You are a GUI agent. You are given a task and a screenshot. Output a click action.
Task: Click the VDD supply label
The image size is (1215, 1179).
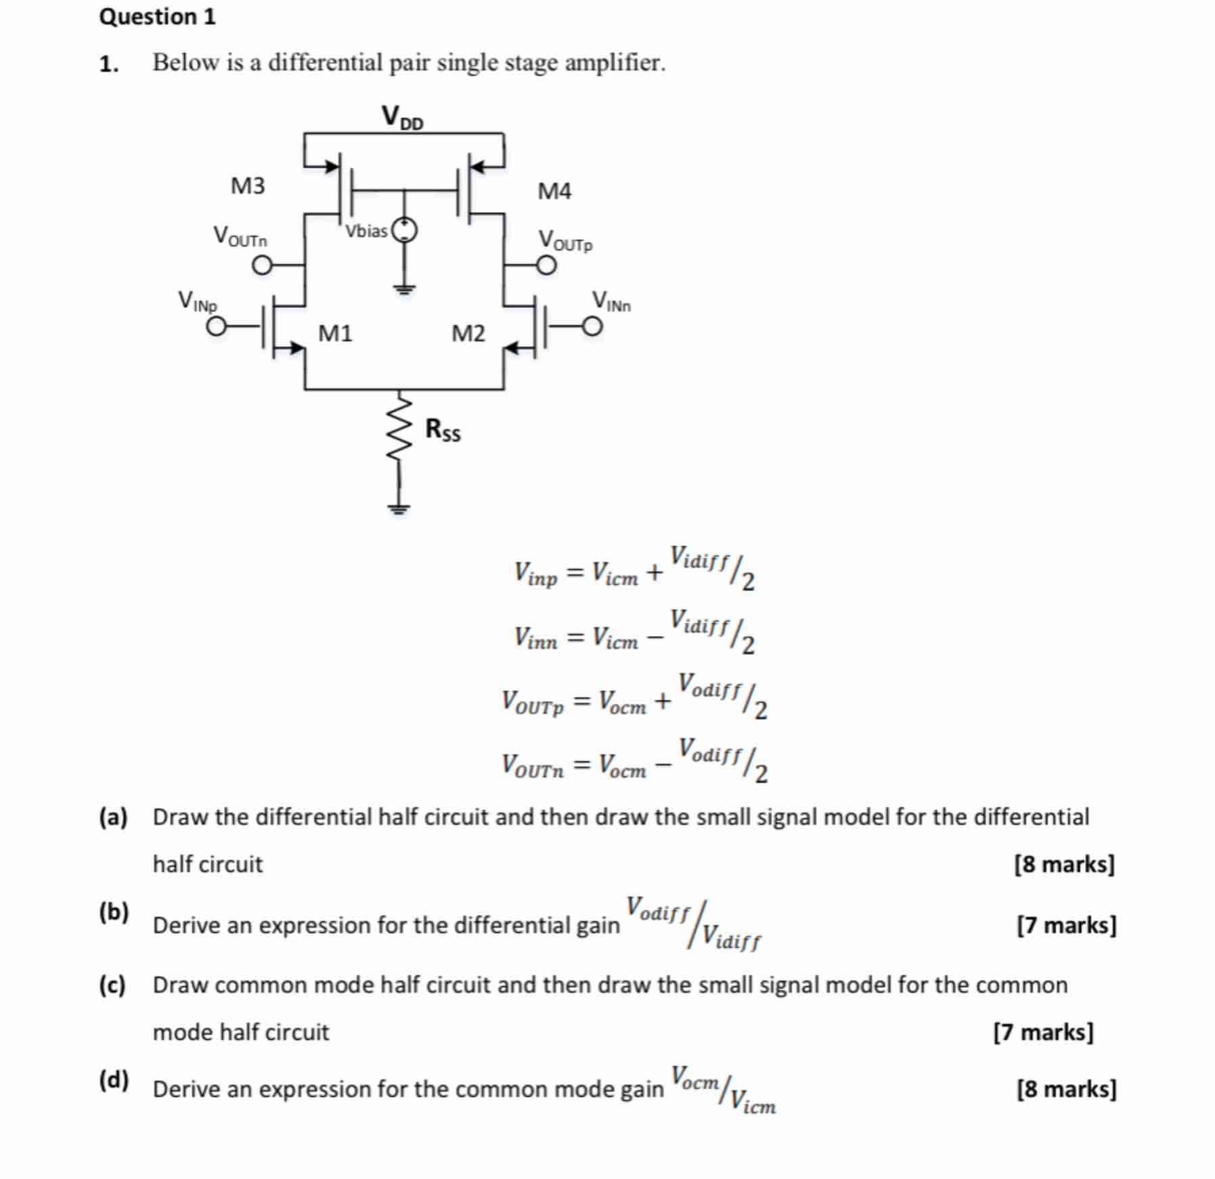point(402,117)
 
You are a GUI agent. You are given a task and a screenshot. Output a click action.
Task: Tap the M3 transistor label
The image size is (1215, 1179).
point(248,186)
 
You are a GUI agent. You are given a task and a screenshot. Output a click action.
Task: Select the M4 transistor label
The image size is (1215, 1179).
point(554,191)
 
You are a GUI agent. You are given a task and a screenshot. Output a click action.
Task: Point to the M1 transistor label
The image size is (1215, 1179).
point(335,333)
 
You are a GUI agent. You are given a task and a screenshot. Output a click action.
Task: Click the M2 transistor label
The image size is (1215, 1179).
point(468,333)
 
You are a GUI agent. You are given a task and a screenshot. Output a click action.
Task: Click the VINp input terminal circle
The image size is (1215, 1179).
point(217,328)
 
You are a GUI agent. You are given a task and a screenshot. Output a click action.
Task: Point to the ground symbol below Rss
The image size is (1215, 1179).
point(399,508)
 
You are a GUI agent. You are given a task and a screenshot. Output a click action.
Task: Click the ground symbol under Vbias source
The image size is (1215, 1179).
point(405,289)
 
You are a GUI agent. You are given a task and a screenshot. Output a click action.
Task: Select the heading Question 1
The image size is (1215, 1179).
point(157,16)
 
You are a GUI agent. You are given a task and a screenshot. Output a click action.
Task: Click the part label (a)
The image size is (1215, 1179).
point(113,817)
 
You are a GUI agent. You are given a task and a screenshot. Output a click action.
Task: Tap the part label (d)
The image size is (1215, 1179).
point(114,1079)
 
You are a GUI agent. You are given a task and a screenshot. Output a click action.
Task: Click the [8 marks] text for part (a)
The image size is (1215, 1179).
point(1064,864)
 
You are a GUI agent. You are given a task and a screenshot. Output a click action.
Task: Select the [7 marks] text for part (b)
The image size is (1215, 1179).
point(1066,925)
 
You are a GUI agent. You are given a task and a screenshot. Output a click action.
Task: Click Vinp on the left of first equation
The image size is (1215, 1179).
point(535,574)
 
